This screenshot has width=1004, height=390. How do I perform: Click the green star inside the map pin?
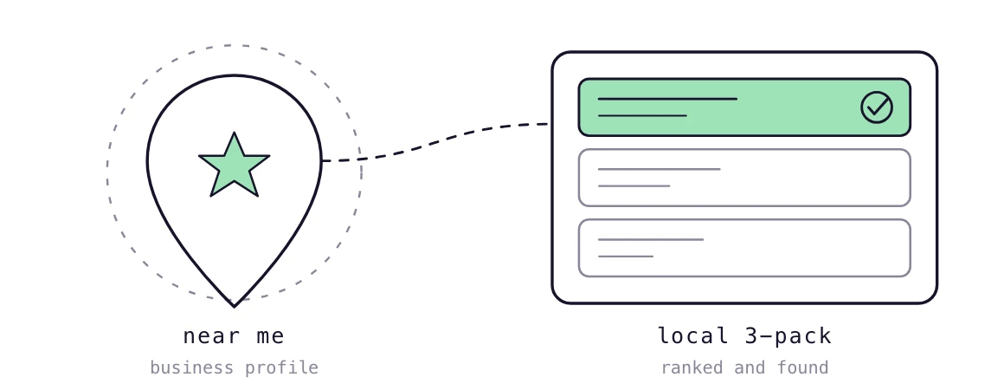click(235, 166)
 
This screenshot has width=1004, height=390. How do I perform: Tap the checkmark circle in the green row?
click(877, 107)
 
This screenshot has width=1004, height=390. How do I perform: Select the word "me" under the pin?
click(272, 337)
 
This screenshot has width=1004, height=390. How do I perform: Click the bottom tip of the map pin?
click(235, 307)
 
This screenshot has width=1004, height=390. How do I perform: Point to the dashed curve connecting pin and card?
click(435, 140)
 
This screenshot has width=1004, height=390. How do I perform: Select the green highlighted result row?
click(744, 107)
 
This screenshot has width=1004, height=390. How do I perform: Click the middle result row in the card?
click(744, 178)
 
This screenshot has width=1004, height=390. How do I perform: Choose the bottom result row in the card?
click(744, 248)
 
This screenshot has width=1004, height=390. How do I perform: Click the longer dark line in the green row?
click(667, 99)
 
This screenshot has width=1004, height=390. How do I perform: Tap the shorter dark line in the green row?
click(642, 115)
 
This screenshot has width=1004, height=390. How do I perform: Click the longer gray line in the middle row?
click(659, 169)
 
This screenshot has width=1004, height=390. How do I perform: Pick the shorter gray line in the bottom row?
click(626, 257)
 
